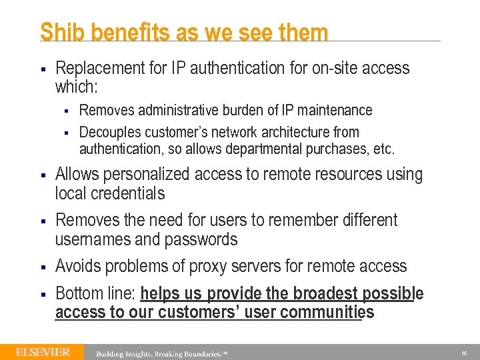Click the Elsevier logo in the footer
(42, 352)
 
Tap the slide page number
(463, 353)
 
